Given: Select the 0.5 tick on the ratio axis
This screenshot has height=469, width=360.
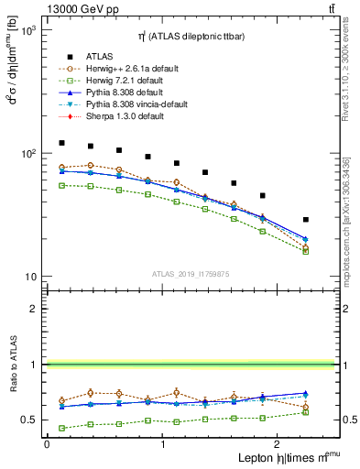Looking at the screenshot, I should tap(29, 420).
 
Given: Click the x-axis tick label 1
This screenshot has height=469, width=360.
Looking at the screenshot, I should tap(163, 444).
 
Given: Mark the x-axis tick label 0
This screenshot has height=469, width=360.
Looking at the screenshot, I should tap(47, 444).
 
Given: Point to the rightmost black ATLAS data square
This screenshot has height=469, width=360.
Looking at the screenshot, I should tap(305, 220).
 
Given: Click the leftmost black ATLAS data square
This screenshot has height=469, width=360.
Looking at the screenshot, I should tap(61, 143).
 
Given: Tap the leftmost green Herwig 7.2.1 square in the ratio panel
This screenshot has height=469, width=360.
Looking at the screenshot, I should tap(61, 428).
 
